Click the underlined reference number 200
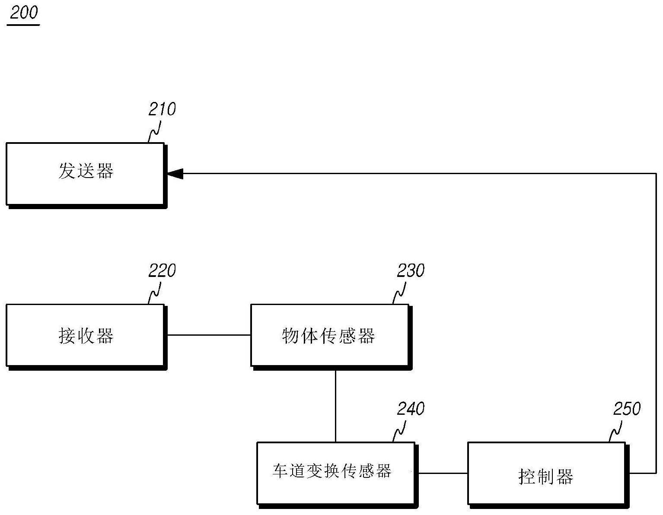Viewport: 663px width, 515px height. coord(24,13)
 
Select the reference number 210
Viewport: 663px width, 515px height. coord(162,109)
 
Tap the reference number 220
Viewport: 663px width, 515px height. coord(162,271)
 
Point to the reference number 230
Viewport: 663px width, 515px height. coord(411,271)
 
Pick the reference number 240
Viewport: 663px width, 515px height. coord(411,409)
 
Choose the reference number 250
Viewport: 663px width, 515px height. coord(627,409)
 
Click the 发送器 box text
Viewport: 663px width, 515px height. coord(86,171)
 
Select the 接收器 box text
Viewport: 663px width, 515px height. coord(86,336)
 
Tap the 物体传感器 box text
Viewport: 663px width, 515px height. coord(328,336)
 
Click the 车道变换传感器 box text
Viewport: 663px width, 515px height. coord(332,470)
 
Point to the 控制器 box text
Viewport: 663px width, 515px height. coord(546,477)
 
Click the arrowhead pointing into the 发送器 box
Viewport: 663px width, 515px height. coord(175,174)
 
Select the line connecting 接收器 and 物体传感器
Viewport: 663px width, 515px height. coord(209,335)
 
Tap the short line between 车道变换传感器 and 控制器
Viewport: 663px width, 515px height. coord(443,473)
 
